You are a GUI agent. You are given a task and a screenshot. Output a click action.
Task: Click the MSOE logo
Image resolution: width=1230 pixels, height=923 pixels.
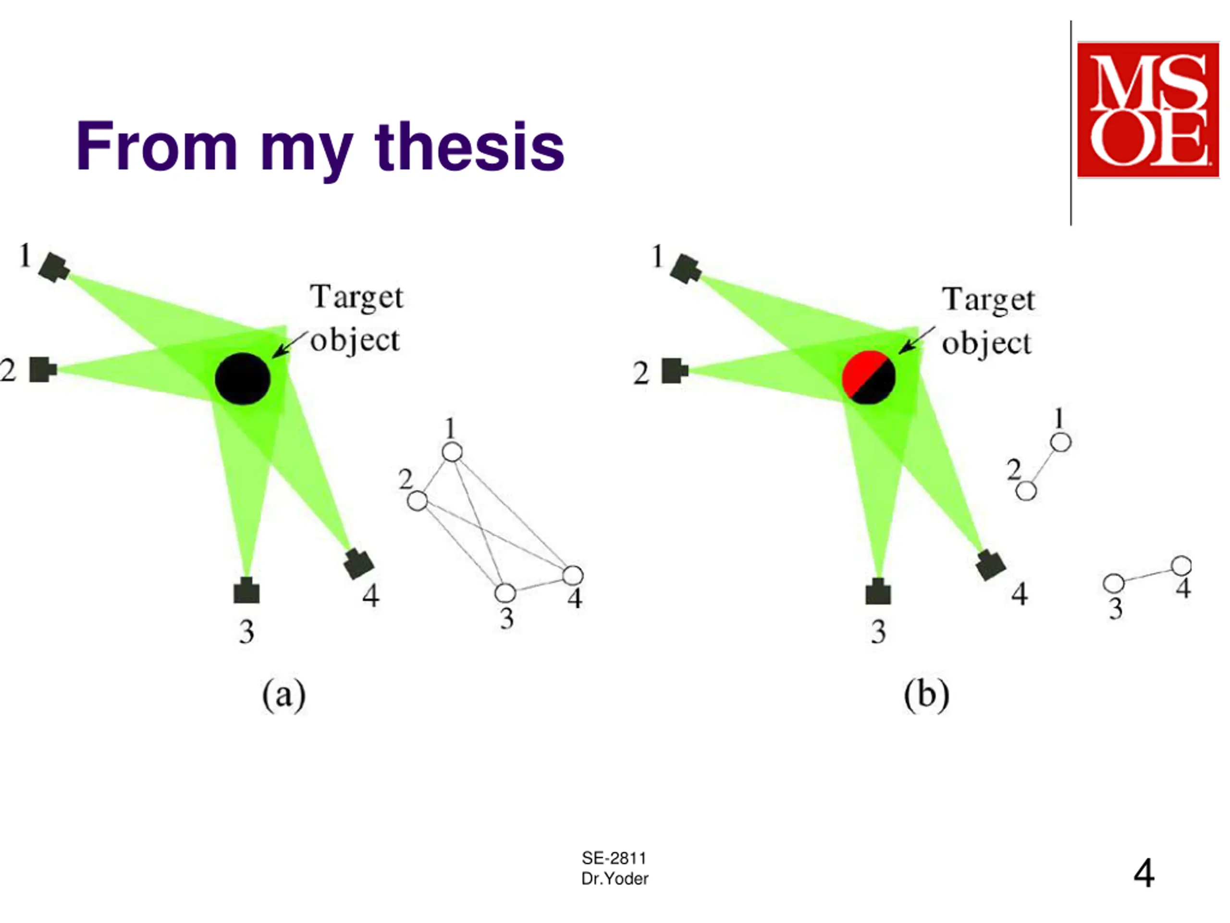click(1148, 110)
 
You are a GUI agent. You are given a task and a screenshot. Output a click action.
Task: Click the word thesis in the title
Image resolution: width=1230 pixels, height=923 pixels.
click(470, 146)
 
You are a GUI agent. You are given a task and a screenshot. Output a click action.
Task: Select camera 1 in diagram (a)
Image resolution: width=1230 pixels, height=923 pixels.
click(54, 268)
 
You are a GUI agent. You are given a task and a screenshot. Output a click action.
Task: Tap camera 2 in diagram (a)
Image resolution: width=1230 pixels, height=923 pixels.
click(43, 369)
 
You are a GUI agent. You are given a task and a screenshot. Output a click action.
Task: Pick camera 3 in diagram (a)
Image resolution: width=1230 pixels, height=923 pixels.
click(246, 591)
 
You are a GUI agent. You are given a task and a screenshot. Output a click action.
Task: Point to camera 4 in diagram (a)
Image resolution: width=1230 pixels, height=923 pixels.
click(358, 563)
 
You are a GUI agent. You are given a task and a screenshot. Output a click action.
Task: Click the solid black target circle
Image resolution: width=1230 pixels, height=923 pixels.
click(243, 379)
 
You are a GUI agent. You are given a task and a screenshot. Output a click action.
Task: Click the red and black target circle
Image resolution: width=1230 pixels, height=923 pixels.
click(869, 378)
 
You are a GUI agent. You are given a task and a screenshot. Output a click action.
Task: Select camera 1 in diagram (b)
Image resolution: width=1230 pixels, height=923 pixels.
click(686, 269)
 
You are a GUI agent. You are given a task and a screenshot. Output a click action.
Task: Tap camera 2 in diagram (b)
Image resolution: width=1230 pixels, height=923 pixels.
click(675, 371)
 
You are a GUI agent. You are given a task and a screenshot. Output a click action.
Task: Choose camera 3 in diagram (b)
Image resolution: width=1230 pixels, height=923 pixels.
click(878, 592)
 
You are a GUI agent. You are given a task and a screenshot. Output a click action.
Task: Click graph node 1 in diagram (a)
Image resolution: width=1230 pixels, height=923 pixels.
click(452, 452)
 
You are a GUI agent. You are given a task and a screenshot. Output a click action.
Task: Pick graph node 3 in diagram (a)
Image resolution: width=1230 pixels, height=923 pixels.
click(505, 593)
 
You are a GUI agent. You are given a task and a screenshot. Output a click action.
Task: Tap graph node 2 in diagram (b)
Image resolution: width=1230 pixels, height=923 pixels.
click(1026, 491)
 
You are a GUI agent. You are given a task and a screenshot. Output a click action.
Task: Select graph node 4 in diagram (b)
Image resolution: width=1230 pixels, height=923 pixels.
click(1181, 566)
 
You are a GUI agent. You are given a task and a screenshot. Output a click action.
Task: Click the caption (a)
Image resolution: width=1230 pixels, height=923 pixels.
click(283, 696)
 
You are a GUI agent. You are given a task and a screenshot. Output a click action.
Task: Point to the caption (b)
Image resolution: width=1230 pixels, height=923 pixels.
click(926, 696)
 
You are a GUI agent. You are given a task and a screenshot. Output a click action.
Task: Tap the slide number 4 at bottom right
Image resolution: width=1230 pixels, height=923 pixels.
click(1144, 873)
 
